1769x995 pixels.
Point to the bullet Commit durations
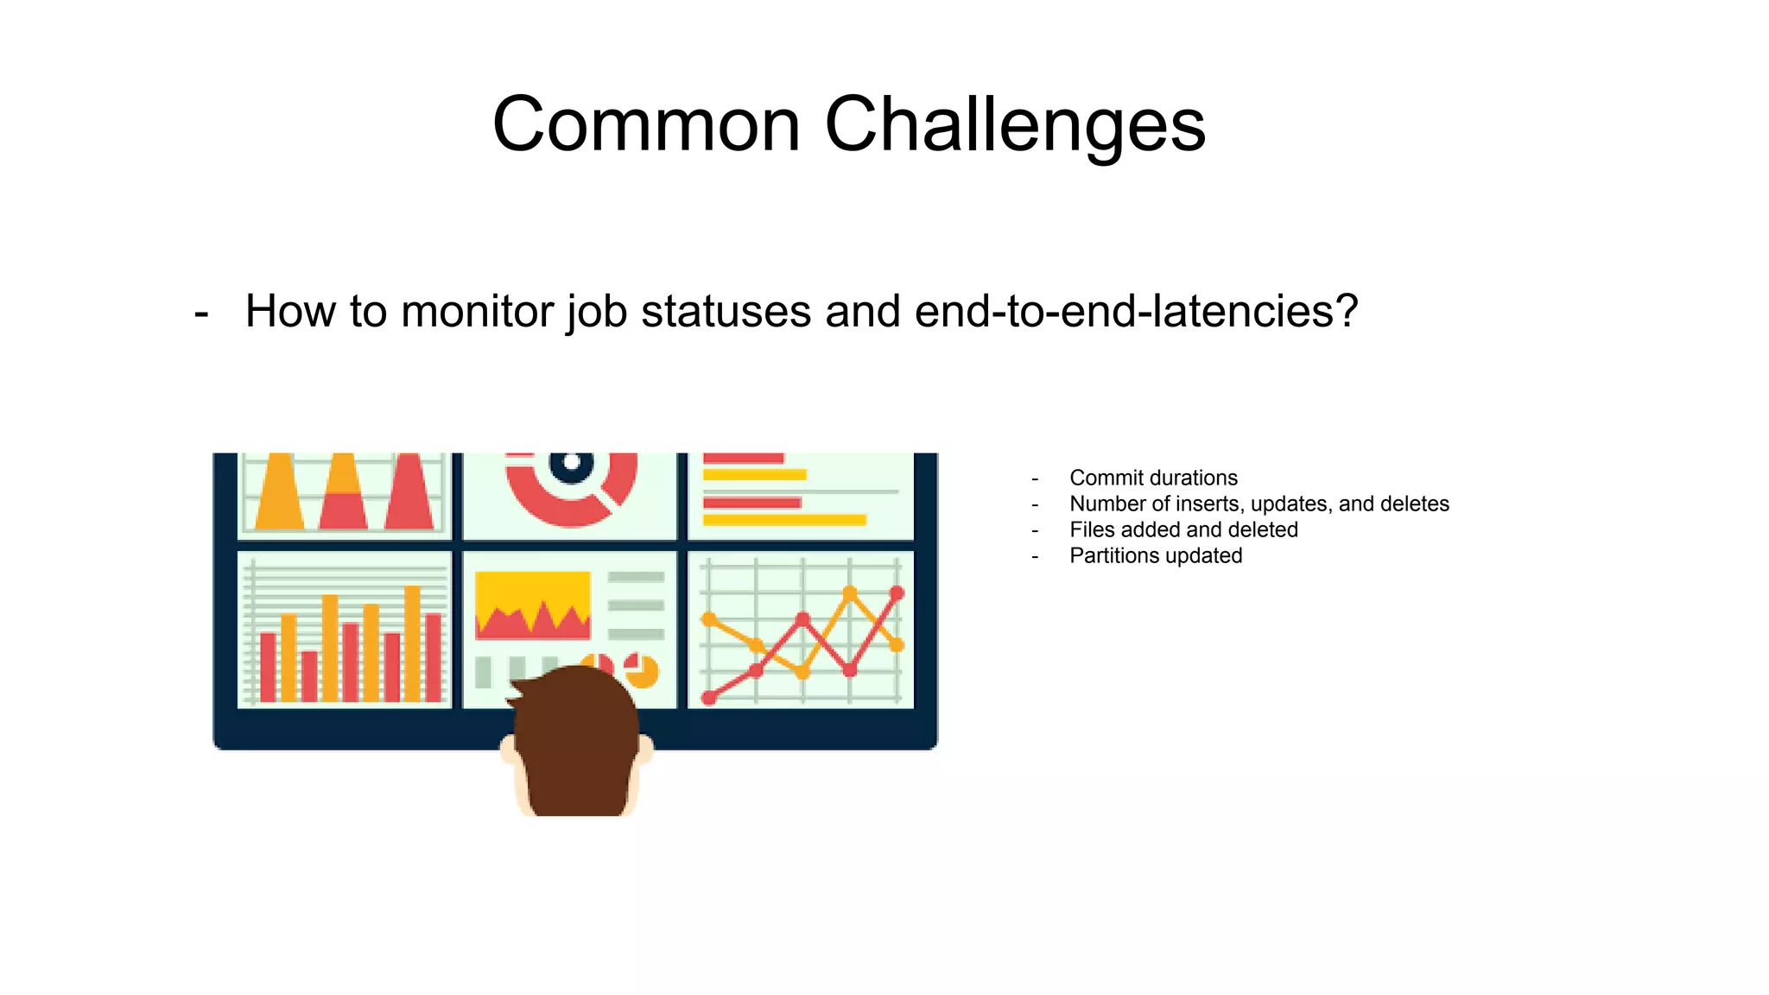[1152, 478]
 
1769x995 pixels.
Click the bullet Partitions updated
[1155, 555]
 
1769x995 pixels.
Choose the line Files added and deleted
[1183, 529]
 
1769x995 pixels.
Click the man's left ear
[508, 749]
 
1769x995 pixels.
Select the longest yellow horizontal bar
[783, 519]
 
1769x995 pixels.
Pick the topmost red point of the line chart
[897, 593]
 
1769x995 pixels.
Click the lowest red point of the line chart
[709, 698]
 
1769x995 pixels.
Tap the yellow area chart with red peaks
[532, 605]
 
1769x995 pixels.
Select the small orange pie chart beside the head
[644, 671]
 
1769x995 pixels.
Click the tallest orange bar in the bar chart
[413, 643]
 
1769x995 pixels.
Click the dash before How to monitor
[201, 313]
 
